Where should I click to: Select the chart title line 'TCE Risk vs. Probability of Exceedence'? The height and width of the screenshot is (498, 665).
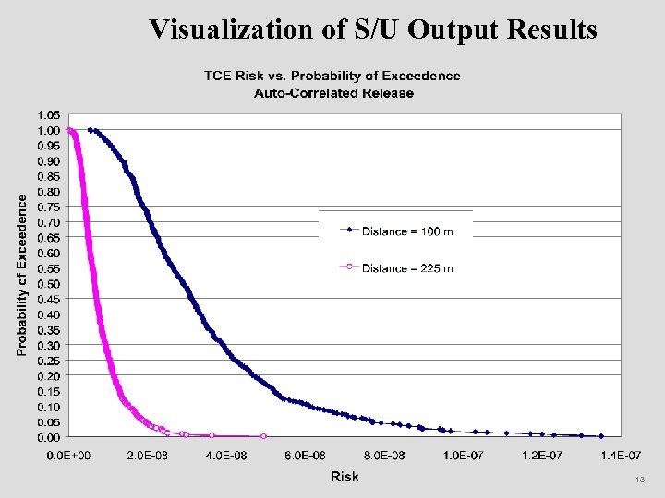[332, 76]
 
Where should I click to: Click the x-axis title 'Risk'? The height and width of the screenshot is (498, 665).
[345, 476]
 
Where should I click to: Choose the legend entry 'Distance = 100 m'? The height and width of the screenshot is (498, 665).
[407, 231]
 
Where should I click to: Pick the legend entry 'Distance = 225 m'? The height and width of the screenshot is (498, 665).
[407, 268]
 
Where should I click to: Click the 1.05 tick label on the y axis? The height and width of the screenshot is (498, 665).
[49, 114]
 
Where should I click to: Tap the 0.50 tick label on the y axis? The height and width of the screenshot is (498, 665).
[49, 283]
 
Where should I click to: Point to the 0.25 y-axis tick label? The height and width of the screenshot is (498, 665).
[49, 360]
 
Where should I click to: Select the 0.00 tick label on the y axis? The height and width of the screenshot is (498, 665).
[49, 437]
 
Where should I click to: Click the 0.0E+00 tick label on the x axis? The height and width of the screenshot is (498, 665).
[68, 456]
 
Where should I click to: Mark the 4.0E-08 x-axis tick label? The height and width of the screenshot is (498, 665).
[226, 456]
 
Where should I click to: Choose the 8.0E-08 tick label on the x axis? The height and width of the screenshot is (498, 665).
[383, 456]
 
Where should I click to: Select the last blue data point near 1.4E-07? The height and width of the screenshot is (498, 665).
[601, 435]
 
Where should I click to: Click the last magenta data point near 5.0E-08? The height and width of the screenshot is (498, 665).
[264, 435]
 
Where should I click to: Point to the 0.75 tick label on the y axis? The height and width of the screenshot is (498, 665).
[49, 207]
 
